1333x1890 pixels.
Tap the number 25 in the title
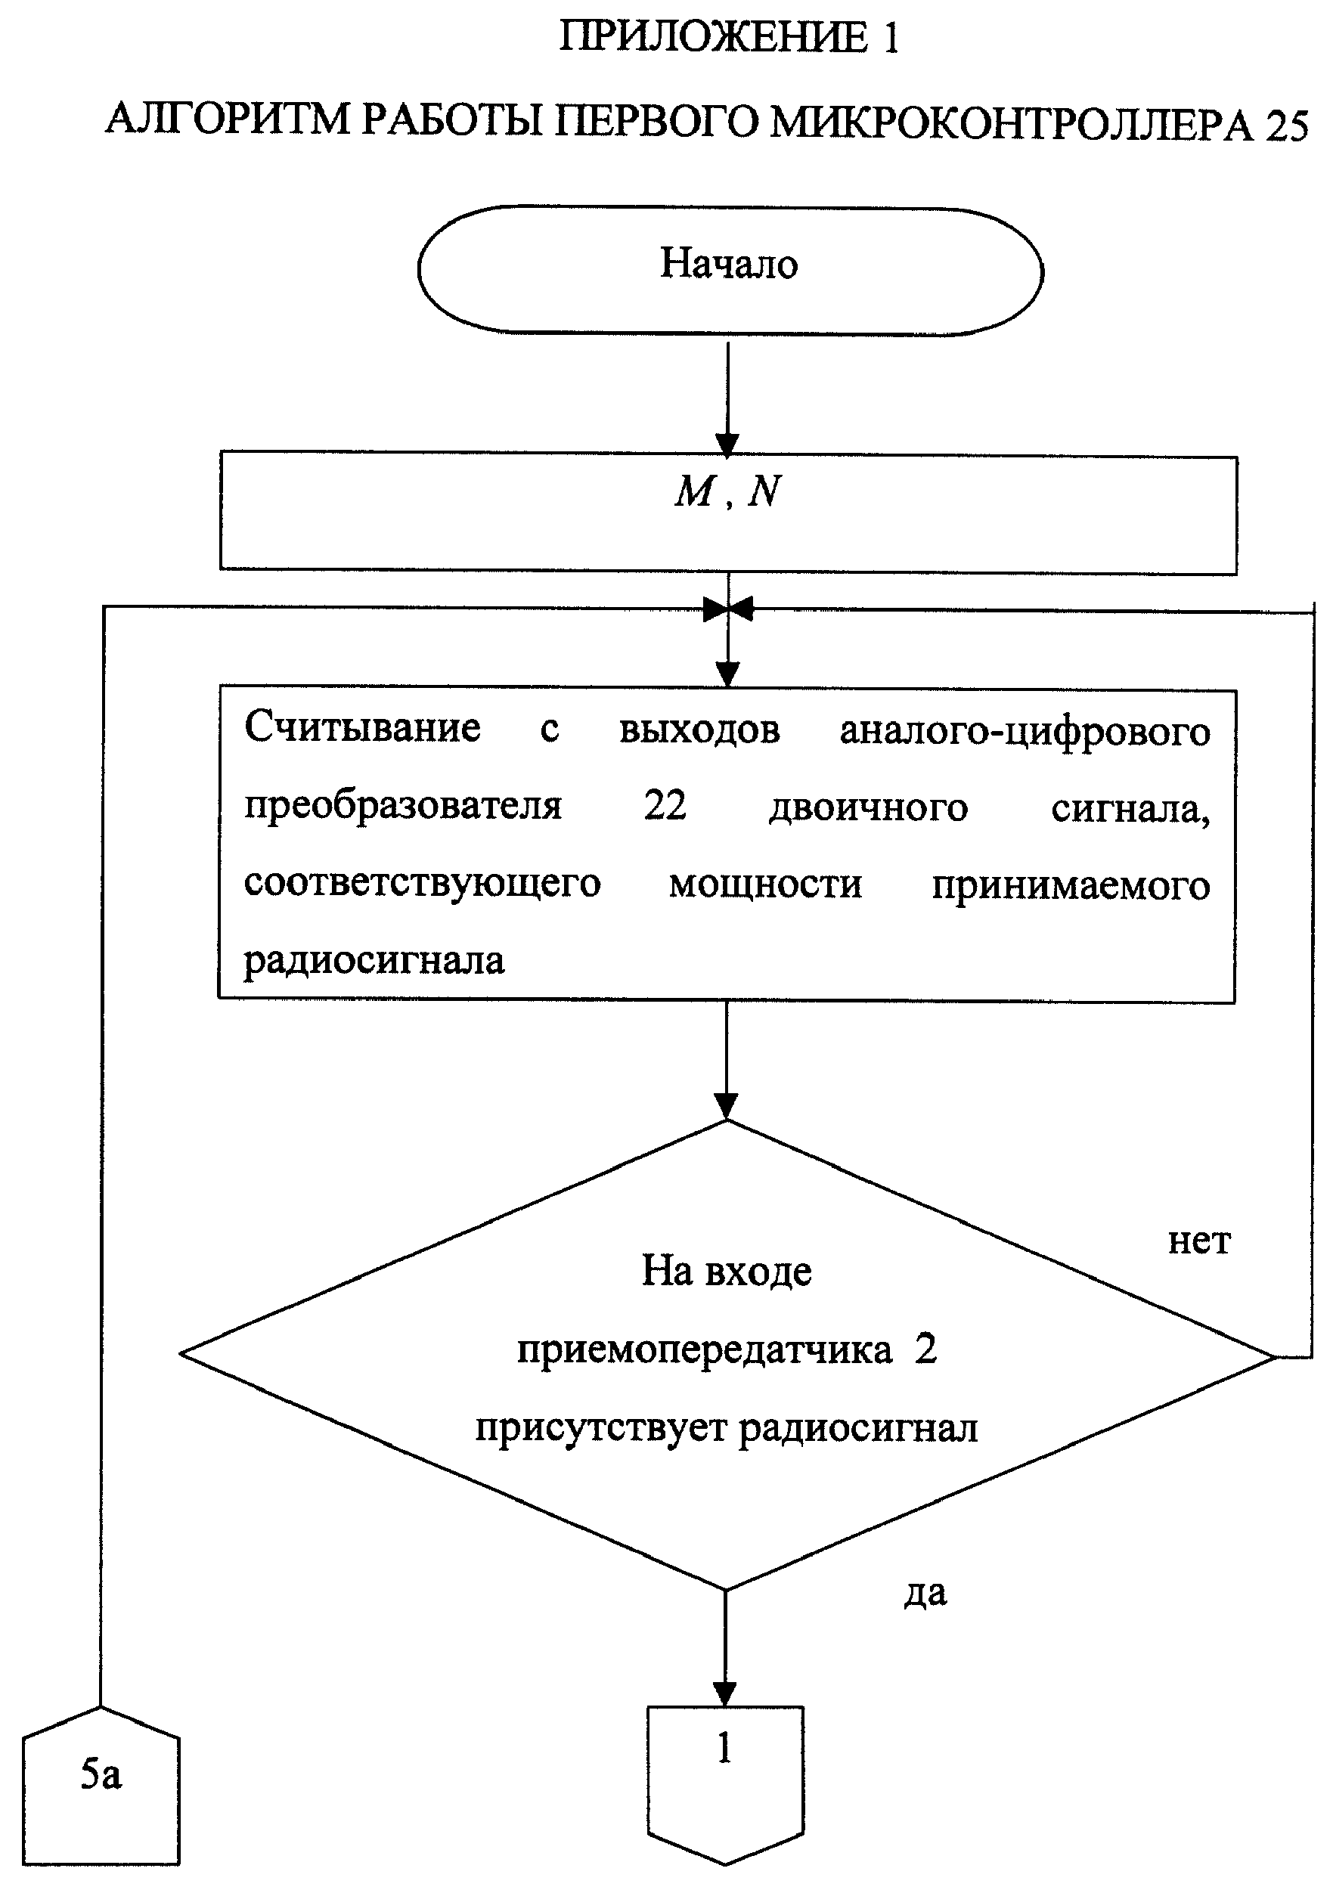1285,126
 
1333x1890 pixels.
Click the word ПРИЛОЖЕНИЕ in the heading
713,38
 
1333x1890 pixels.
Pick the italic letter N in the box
763,491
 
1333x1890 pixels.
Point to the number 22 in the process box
665,804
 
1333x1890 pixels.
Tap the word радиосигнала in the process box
374,960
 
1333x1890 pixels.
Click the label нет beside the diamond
1199,1242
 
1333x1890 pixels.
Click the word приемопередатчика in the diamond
705,1351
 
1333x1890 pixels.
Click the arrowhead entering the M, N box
727,445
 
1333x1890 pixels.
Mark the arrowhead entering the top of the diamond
726,1106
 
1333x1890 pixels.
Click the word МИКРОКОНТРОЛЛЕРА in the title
1012,123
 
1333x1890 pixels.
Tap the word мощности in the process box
765,885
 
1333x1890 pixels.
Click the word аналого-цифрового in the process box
1025,731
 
